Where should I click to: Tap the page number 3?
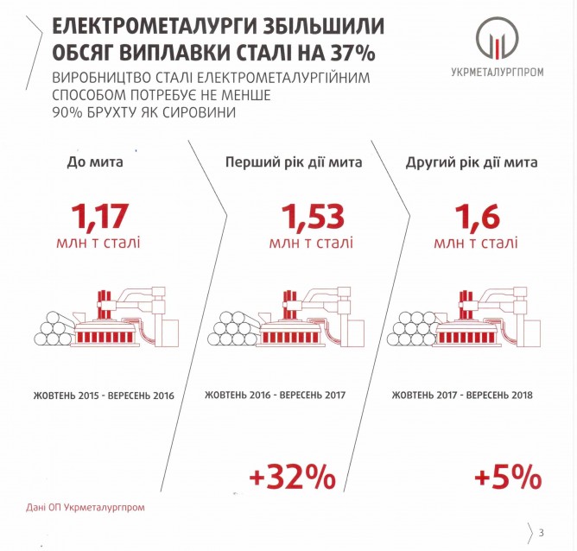tap(541, 530)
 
